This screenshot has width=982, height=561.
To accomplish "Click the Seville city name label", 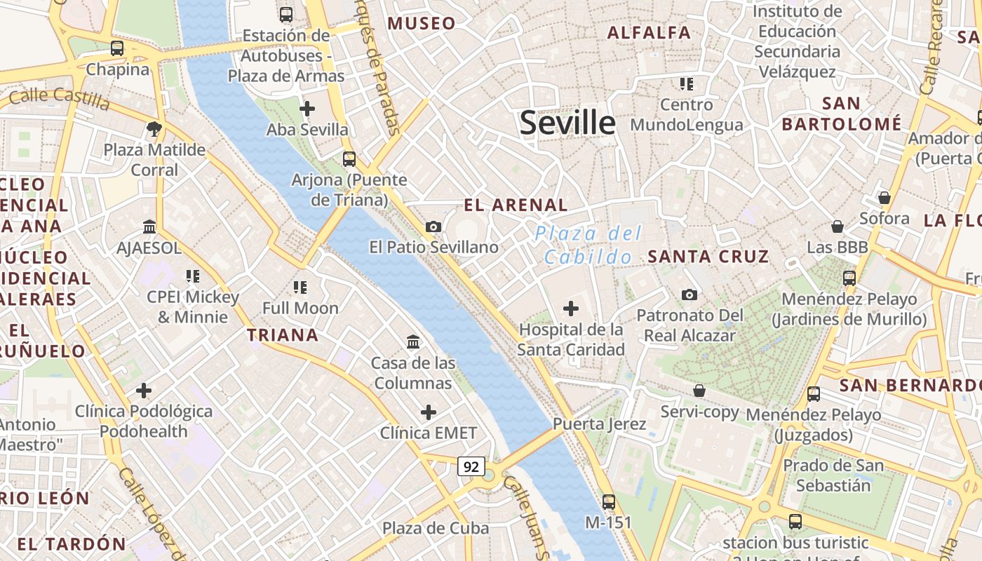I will click(567, 123).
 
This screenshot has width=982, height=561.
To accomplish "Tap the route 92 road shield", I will click(471, 466).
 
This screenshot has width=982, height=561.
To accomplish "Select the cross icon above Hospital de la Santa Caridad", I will click(571, 308).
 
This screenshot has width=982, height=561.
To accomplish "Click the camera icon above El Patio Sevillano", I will click(433, 227).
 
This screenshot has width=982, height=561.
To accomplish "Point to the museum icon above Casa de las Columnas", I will click(413, 342).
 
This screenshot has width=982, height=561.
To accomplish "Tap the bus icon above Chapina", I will click(117, 48).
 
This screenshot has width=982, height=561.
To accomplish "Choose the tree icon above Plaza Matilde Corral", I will click(154, 129).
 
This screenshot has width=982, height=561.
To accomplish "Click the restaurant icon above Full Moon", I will click(300, 287).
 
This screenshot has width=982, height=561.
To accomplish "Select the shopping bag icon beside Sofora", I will click(884, 198).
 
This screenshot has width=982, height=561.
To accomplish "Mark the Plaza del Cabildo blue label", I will click(588, 245).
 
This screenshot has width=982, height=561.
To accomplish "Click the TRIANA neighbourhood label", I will click(283, 335).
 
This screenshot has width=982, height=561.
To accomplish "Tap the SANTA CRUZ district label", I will click(708, 257).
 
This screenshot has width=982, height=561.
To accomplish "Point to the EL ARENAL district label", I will click(516, 205).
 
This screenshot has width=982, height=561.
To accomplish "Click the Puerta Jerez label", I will click(599, 424).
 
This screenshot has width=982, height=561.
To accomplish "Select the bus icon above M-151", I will click(608, 502).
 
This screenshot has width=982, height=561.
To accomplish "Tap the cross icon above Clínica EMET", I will click(428, 412).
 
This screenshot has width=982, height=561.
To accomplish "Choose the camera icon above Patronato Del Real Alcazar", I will click(690, 295).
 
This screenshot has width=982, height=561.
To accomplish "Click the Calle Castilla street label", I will click(60, 98).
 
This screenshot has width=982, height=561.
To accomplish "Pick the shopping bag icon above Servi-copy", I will click(699, 391).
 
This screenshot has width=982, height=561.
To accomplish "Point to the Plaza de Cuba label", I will click(436, 528).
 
